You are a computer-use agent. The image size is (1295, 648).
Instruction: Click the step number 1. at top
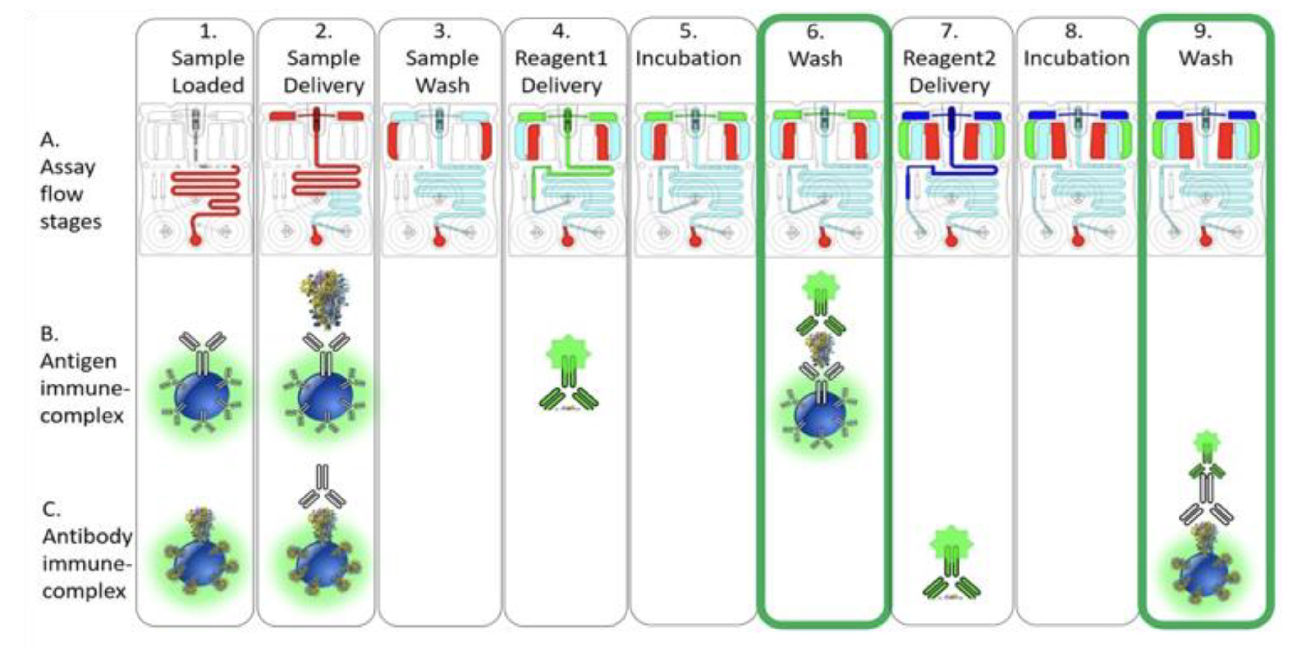[208, 32]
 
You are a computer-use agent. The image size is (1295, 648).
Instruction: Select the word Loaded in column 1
[208, 85]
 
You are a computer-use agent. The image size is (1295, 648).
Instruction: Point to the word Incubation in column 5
[688, 58]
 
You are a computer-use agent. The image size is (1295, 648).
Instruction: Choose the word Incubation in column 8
[1076, 58]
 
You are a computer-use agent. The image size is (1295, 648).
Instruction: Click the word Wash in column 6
[815, 59]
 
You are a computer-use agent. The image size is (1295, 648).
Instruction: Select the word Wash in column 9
[1206, 58]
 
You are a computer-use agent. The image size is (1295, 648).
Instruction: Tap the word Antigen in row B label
[78, 361]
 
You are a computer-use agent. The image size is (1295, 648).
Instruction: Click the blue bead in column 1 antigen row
[201, 396]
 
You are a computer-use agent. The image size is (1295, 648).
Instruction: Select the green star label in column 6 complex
[820, 287]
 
